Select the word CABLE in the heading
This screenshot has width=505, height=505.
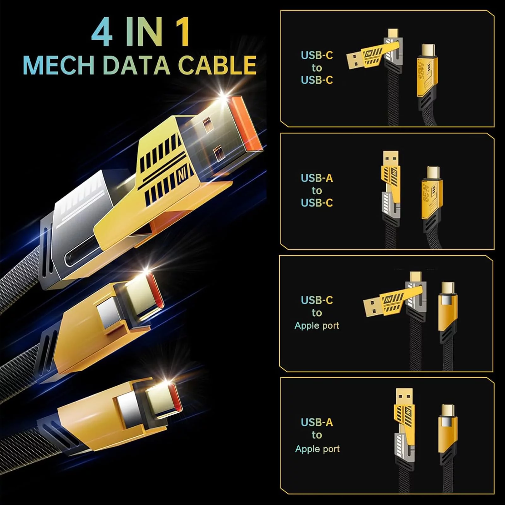217,65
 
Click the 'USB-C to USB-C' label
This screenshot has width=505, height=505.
317,68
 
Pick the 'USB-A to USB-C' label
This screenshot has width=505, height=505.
317,190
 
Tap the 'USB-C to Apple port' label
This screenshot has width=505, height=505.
317,312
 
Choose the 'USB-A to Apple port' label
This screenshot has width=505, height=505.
317,435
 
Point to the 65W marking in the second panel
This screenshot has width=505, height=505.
426,193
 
